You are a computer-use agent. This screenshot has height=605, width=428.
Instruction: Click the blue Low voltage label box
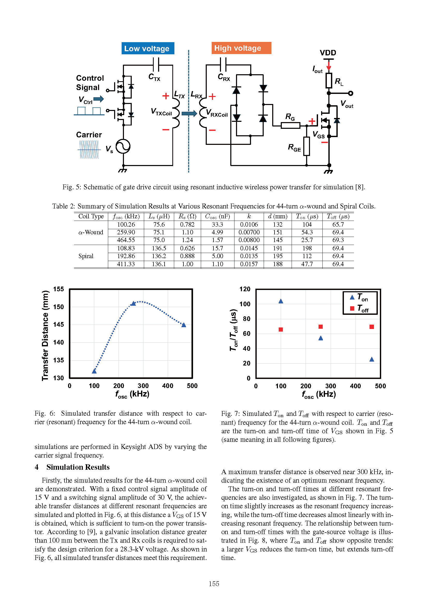tap(147, 48)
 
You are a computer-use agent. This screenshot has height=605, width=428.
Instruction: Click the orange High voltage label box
tap(241, 48)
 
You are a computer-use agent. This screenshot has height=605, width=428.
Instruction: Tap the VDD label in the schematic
tap(328, 53)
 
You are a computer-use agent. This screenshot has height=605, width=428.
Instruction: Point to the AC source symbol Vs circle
tap(123, 146)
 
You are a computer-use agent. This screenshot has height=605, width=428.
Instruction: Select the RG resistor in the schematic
tap(290, 125)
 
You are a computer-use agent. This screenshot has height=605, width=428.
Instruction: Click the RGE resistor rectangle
tap(306, 146)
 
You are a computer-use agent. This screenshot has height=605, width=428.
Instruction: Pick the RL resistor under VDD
tap(329, 81)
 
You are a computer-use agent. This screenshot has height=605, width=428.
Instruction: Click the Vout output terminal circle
tap(351, 93)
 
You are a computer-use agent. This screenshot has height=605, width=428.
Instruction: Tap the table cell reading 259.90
tap(126, 232)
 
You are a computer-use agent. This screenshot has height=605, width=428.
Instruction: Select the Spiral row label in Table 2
tap(86, 256)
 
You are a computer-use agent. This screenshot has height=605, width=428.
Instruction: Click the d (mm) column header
tap(277, 216)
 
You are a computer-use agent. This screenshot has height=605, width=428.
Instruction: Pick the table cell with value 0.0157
tap(248, 264)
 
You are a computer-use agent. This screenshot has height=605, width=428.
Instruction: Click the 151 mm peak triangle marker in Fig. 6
tap(133, 304)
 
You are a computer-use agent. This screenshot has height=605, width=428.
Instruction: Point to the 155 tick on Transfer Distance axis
tap(58, 289)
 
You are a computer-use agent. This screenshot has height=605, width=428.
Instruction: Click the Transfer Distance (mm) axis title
tap(45, 335)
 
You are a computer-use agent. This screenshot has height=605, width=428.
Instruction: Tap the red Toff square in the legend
tap(352, 308)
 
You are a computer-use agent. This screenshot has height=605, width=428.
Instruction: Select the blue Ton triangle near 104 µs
tap(281, 301)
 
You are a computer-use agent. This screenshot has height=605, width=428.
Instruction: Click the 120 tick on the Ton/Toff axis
tap(245, 289)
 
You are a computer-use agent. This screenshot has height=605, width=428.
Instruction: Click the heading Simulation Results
tap(78, 467)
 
